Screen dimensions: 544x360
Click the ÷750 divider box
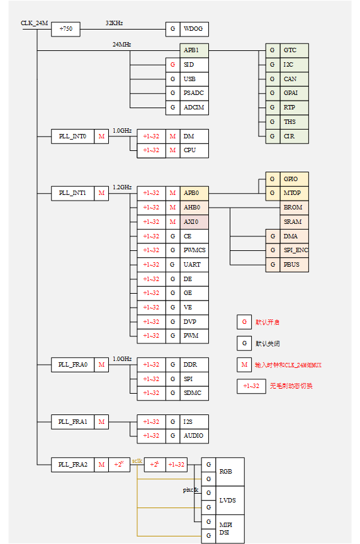pos(65,29)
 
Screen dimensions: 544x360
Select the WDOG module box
pos(194,29)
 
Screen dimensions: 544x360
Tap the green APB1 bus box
pos(194,50)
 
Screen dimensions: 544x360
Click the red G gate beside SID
pos(173,65)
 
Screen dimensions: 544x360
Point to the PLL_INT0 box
pos(72,136)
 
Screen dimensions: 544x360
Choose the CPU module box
pos(194,150)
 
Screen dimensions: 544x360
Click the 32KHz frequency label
pos(114,23)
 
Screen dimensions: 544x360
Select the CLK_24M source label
pos(34,23)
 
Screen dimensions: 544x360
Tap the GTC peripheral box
pos(294,50)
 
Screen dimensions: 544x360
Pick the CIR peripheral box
pos(294,136)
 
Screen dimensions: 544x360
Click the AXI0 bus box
pos(194,221)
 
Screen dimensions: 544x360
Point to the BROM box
pos(294,208)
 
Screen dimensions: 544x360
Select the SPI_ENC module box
pos(294,250)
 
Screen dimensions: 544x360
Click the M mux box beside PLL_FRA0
pos(101,364)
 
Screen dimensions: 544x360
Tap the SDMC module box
pos(194,393)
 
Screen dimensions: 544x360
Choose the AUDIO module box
pos(194,435)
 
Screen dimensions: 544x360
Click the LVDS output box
pos(230,500)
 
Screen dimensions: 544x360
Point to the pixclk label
pos(191,489)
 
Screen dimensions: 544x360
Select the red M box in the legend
pos(244,365)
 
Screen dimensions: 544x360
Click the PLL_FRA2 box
pos(72,465)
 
